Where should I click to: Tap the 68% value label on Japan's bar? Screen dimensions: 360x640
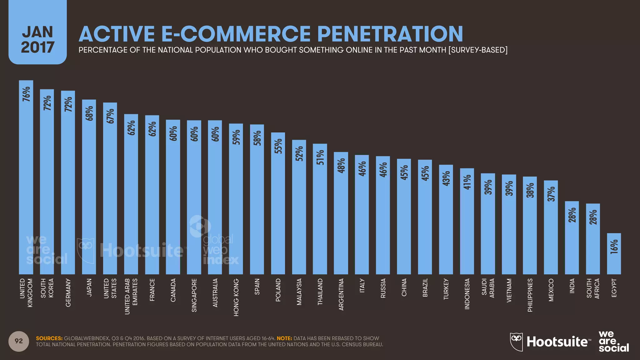pyautogui.click(x=89, y=113)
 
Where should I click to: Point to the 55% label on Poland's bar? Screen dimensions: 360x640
pyautogui.click(x=278, y=146)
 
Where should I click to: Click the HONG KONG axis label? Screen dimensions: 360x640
pyautogui.click(x=236, y=297)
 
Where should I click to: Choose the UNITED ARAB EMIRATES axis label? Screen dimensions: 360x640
pyautogui.click(x=131, y=296)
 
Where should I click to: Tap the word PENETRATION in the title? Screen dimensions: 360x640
pyautogui.click(x=390, y=34)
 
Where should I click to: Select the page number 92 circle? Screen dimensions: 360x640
pyautogui.click(x=19, y=341)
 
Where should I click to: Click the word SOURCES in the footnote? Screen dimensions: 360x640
pyautogui.click(x=49, y=338)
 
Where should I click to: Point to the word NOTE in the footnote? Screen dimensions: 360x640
pyautogui.click(x=284, y=338)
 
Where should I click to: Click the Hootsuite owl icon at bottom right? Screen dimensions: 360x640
pyautogui.click(x=516, y=342)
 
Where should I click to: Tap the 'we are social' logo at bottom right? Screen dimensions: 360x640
pyautogui.click(x=613, y=341)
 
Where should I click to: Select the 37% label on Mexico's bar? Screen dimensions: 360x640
pyautogui.click(x=551, y=194)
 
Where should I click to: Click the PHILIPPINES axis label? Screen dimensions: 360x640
pyautogui.click(x=530, y=295)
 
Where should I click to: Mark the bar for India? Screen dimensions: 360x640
pyautogui.click(x=572, y=237)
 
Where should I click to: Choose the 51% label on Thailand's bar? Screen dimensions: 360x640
pyautogui.click(x=320, y=157)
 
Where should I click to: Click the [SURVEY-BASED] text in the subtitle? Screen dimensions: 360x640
pyautogui.click(x=478, y=50)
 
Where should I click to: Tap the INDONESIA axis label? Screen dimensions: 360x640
pyautogui.click(x=467, y=294)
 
